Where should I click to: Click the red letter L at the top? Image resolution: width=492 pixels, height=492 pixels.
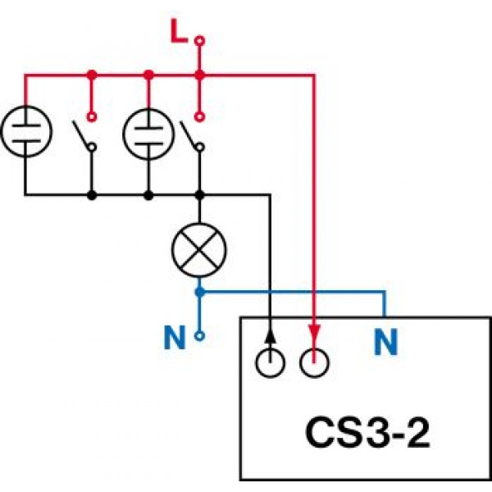(x=179, y=31)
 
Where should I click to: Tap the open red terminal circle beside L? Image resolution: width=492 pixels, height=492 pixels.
(x=199, y=41)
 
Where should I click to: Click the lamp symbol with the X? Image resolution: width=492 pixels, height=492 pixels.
(x=199, y=250)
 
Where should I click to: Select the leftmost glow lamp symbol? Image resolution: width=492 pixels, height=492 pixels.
(x=26, y=131)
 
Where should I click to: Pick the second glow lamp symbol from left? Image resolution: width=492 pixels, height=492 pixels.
(x=148, y=134)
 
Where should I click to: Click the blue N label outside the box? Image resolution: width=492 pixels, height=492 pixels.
(x=175, y=338)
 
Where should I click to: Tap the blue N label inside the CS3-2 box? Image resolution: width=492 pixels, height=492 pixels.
(x=386, y=342)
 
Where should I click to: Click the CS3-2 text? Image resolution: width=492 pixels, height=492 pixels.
(x=367, y=433)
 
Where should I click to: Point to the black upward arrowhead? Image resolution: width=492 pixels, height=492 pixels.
(x=270, y=335)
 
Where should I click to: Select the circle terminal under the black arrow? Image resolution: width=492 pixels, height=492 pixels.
(x=271, y=362)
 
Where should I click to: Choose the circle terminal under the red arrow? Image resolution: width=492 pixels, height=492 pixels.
(x=314, y=362)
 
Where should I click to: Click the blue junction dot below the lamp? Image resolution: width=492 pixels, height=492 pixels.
(x=199, y=293)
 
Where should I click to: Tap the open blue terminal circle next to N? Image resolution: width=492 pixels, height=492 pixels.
(x=199, y=336)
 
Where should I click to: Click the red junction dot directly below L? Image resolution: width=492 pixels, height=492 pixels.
(x=199, y=75)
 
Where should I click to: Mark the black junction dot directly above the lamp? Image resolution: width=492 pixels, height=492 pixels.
(x=199, y=195)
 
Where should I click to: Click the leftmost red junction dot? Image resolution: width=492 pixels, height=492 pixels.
(x=92, y=75)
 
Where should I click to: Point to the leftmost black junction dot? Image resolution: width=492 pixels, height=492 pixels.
(x=92, y=195)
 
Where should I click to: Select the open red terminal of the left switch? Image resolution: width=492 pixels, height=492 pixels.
(x=92, y=116)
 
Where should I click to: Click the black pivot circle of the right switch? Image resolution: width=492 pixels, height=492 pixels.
(x=200, y=147)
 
